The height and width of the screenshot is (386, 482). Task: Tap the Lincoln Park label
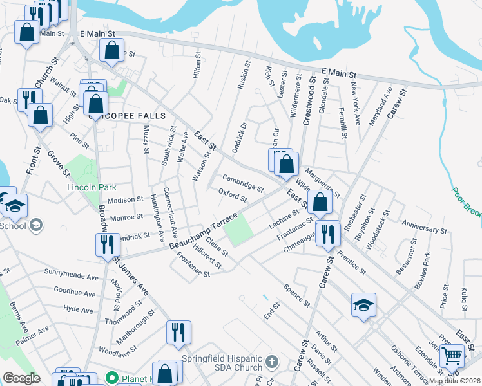tap(92, 188)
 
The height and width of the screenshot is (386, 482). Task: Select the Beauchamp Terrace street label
tap(204, 231)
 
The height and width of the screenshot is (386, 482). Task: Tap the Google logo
tap(21, 378)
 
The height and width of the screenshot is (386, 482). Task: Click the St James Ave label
tap(131, 276)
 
